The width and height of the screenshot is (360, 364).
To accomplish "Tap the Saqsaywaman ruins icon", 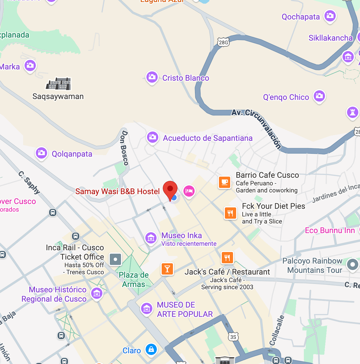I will tap(59, 84).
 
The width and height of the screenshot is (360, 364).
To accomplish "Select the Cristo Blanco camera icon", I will tap(152, 77).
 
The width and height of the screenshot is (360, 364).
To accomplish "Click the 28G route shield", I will tap(223, 42).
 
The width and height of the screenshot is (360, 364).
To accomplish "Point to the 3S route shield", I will tap(233, 337).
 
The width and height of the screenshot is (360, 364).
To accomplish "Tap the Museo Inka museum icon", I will tap(151, 238).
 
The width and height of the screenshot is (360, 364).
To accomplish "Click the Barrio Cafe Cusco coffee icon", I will tap(225, 182).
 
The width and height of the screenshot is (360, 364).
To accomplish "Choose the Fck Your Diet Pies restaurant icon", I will tap(230, 213).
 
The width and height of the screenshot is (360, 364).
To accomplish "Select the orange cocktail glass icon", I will tap(167, 269).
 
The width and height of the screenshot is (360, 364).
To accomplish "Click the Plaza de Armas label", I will tap(134, 279).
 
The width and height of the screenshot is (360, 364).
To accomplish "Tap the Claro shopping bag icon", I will tap(151, 349).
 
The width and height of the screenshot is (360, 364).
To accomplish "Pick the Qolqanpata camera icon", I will tap(41, 153).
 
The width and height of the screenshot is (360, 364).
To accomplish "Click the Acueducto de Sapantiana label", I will tap(208, 138).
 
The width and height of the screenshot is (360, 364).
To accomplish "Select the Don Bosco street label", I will tap(124, 148).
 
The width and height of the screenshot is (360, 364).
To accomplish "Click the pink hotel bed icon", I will tap(189, 191).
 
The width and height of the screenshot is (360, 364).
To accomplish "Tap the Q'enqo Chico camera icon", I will tap(319, 96).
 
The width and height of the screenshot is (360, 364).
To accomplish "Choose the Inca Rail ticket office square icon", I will tap(115, 259).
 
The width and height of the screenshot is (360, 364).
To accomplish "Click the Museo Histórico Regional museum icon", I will tap(97, 293).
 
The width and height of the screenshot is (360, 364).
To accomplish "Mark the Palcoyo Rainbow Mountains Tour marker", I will tap(352, 265).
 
